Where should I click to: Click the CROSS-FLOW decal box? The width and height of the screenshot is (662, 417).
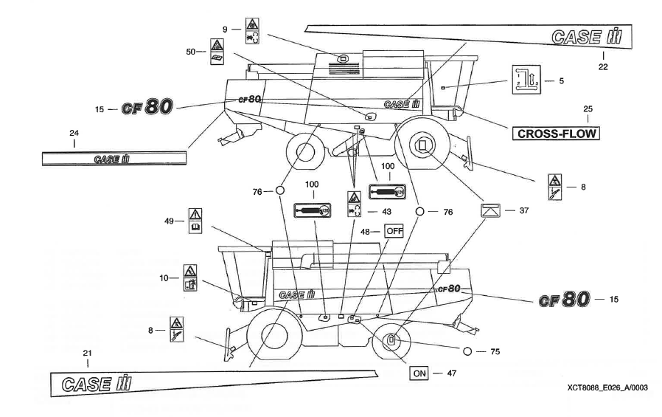(x=556, y=134)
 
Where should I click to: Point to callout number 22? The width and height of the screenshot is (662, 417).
(x=603, y=65)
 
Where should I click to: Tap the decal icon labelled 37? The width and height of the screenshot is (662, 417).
(x=493, y=211)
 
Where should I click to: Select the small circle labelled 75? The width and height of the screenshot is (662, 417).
(x=467, y=351)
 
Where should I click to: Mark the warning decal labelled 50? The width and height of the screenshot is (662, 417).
(x=217, y=52)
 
